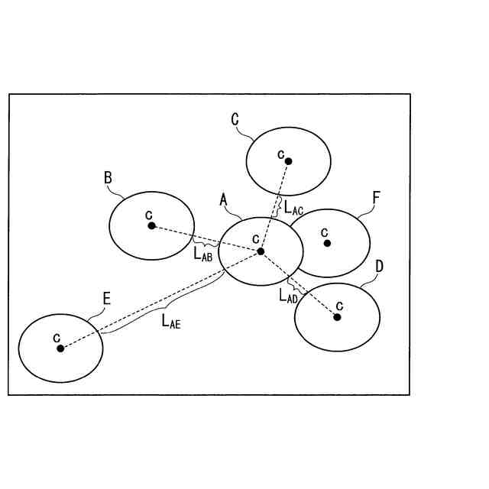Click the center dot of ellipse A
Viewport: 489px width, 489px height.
tap(261, 251)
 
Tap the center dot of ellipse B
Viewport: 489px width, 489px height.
tap(151, 225)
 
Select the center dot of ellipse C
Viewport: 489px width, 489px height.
tap(289, 160)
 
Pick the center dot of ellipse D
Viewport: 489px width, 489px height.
tap(337, 316)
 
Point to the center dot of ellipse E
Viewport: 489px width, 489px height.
tap(60, 348)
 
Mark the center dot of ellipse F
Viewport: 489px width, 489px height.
tap(327, 243)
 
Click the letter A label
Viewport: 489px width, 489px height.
tap(224, 199)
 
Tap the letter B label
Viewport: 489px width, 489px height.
tap(108, 178)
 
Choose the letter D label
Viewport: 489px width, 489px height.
tap(380, 267)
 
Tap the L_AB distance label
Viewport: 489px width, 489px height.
tap(202, 254)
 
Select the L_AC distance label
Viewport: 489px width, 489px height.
tap(293, 206)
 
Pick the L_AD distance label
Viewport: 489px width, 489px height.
tap(288, 295)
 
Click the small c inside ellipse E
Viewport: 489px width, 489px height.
tap(57, 336)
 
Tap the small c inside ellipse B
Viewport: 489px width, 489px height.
tap(149, 214)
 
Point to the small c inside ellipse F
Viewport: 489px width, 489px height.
tap(324, 231)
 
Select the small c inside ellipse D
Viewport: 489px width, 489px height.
tap(338, 305)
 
